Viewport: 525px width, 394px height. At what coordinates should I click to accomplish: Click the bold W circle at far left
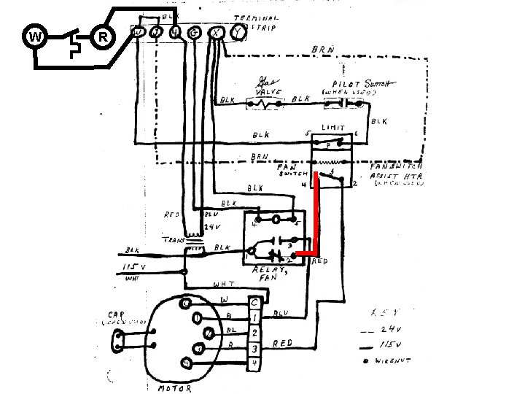click(x=34, y=36)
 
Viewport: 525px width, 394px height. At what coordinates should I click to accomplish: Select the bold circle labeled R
click(x=104, y=36)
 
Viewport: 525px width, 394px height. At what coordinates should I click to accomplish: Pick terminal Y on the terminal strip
click(x=236, y=32)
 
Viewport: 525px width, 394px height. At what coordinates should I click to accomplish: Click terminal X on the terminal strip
click(x=216, y=32)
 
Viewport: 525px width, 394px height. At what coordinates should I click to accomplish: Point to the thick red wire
click(x=315, y=219)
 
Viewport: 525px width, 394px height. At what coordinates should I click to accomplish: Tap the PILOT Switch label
click(x=352, y=85)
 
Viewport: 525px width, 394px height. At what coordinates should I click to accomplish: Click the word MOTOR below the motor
click(x=175, y=388)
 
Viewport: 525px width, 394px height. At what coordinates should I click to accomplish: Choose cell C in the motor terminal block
click(x=254, y=302)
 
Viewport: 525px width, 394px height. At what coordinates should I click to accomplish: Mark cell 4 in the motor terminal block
click(x=254, y=363)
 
